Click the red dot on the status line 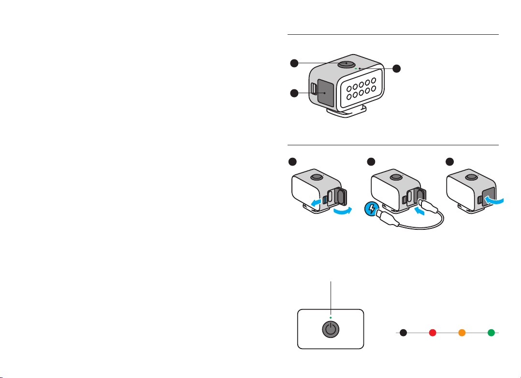[433, 333]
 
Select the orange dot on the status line [462, 333]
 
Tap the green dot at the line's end [491, 333]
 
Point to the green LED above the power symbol [330, 318]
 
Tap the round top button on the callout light [346, 63]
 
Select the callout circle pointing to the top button [294, 63]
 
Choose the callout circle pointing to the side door [294, 93]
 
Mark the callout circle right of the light [396, 69]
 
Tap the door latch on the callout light [314, 88]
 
